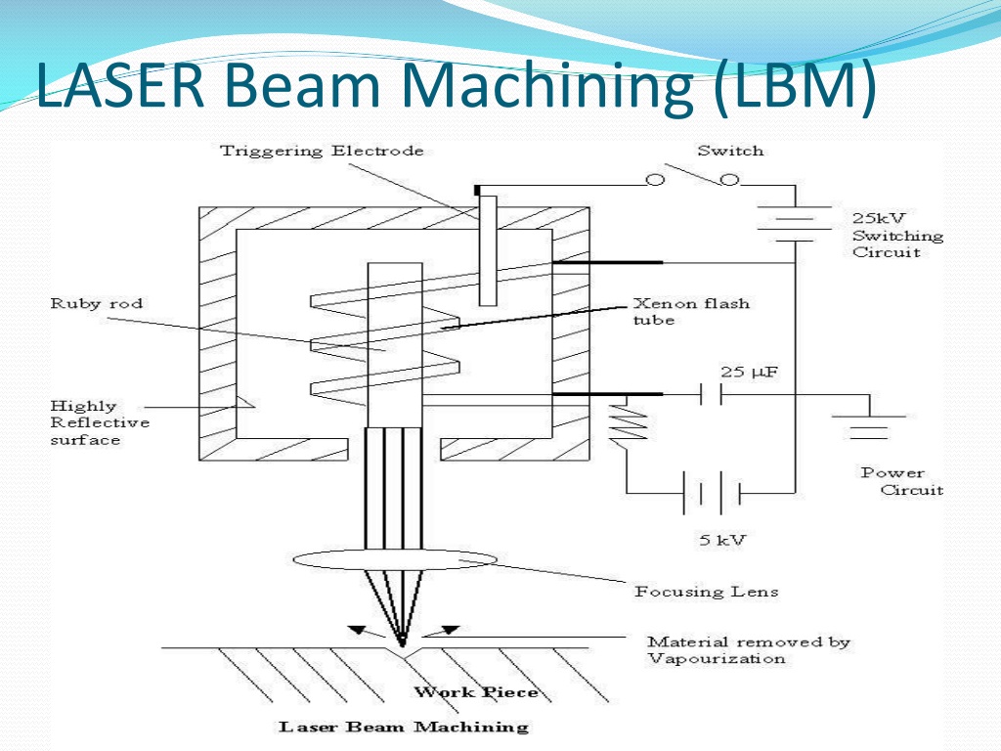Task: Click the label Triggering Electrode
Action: (322, 151)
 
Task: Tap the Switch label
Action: (730, 151)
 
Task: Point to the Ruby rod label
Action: (97, 303)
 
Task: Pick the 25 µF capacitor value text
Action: (750, 372)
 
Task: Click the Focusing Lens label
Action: (706, 591)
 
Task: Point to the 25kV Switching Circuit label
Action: (897, 235)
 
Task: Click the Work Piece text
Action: (476, 692)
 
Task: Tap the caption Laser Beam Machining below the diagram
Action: (404, 727)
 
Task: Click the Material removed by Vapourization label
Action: (748, 650)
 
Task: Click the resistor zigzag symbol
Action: (630, 421)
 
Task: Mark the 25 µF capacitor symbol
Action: (711, 394)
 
